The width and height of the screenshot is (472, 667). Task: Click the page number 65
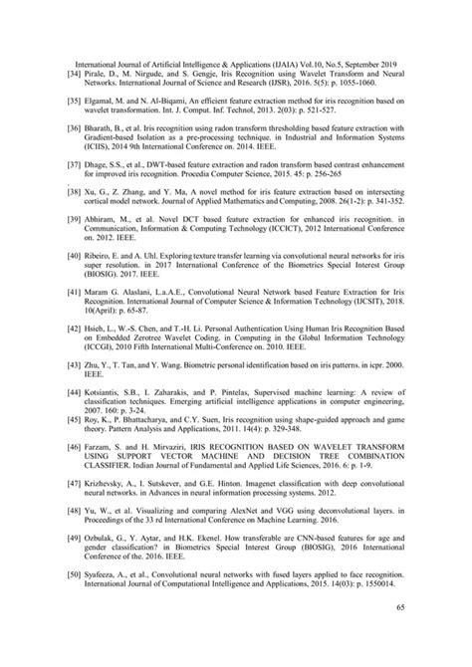pyautogui.click(x=399, y=634)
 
